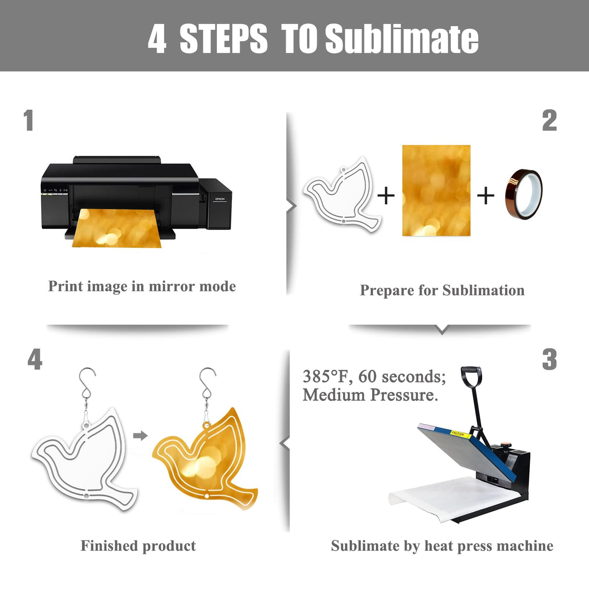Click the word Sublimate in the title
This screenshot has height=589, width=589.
point(402,39)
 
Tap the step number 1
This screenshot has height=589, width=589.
point(29,120)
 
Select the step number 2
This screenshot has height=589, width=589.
point(549,120)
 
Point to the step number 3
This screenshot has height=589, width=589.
point(549,360)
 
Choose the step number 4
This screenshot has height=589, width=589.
point(35,359)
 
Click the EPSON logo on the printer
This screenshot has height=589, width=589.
point(220,199)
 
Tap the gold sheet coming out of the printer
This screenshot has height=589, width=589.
point(117,228)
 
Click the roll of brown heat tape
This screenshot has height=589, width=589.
point(524,195)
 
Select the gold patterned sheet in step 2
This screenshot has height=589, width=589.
point(436,190)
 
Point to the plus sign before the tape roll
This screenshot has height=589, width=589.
point(486,196)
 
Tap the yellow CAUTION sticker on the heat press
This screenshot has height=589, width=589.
point(460,434)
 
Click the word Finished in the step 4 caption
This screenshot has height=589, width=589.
point(109,546)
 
